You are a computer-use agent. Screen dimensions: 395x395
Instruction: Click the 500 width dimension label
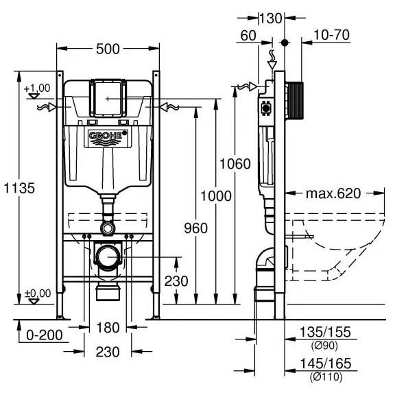tap(108, 49)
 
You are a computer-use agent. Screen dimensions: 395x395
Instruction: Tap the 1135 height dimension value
tap(19, 188)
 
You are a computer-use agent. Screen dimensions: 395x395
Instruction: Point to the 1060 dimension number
tap(235, 164)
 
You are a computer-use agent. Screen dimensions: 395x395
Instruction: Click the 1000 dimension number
tap(215, 196)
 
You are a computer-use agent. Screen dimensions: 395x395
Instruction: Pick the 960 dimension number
tap(195, 228)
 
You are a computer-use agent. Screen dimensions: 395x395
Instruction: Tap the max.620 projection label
tap(333, 193)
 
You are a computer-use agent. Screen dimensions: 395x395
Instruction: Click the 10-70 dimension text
tap(331, 35)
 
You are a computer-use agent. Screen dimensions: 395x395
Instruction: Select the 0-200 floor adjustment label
tap(45, 335)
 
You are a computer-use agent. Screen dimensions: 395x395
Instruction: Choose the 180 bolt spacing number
tap(108, 328)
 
